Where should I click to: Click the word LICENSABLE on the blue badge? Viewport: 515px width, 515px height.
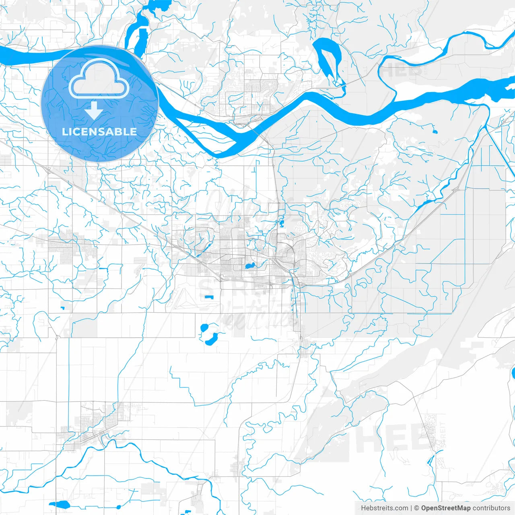[x=99, y=132]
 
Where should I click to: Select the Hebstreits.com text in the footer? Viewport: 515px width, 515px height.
[x=384, y=508]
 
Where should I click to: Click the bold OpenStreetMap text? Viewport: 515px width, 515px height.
[x=446, y=508]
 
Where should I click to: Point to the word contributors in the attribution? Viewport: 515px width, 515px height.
[x=491, y=508]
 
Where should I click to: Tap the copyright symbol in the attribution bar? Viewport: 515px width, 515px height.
[x=417, y=508]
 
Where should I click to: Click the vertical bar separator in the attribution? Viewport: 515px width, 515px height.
[x=412, y=508]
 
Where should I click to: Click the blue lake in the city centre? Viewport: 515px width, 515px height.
[x=250, y=266]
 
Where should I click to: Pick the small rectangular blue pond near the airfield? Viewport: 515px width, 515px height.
[x=208, y=297]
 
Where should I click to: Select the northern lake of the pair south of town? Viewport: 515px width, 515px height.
[x=204, y=328]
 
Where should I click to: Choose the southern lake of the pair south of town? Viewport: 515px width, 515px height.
[x=211, y=339]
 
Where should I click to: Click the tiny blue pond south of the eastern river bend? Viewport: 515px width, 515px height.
[x=435, y=131]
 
